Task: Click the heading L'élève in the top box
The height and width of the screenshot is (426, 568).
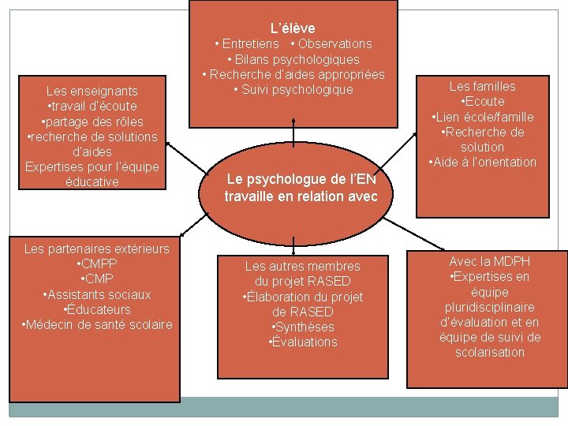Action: (293, 28)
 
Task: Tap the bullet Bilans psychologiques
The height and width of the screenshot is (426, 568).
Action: (293, 59)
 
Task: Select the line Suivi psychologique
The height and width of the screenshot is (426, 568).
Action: (293, 89)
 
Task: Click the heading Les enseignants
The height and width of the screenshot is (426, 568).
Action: (92, 92)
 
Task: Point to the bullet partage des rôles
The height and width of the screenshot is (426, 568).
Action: (92, 121)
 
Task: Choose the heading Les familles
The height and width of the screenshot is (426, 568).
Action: (482, 87)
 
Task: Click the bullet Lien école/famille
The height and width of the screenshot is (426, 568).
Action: (482, 117)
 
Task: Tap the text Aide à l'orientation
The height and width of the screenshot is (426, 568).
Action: (482, 162)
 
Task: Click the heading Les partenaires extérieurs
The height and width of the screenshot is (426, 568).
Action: (96, 249)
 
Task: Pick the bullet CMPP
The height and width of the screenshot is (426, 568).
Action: (96, 264)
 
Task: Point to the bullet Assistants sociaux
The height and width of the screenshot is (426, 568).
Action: (96, 294)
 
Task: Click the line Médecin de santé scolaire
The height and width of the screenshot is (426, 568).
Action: (96, 324)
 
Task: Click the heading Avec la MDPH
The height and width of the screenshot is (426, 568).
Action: (489, 261)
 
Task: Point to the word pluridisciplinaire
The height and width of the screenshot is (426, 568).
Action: (489, 307)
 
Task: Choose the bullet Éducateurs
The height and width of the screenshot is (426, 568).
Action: (96, 309)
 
